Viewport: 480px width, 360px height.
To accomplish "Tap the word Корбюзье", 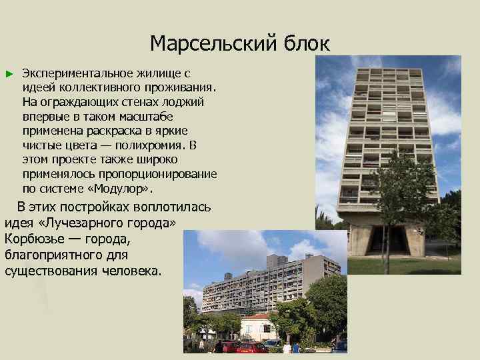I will coord(35,238).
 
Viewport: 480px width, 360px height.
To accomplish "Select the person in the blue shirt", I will coord(296,347).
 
